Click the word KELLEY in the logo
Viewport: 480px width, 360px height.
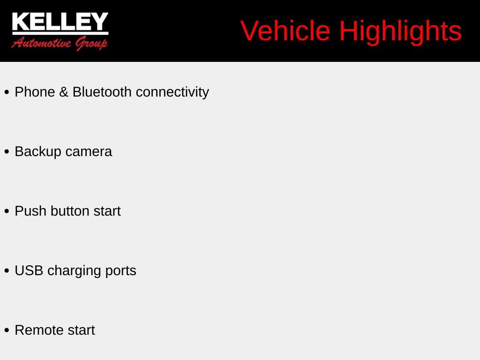[60, 22]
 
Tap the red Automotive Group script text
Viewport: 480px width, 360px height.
[60, 44]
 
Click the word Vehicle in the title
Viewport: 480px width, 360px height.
[285, 31]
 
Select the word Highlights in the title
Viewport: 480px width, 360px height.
[400, 31]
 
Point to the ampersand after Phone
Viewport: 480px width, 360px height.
[64, 92]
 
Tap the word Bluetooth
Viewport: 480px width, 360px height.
[102, 92]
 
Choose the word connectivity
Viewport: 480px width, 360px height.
[172, 92]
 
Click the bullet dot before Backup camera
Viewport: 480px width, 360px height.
[7, 152]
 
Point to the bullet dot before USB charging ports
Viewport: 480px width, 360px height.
[7, 271]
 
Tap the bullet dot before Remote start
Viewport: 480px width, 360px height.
[7, 330]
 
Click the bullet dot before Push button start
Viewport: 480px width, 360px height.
[7, 211]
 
